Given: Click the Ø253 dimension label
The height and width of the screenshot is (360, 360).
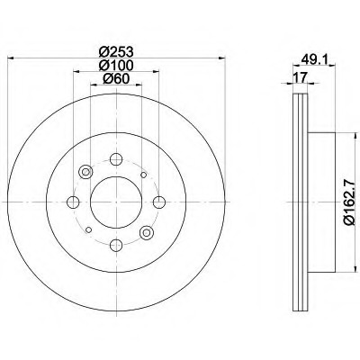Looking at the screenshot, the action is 116,52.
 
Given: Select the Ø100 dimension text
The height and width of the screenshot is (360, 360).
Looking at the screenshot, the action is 116,66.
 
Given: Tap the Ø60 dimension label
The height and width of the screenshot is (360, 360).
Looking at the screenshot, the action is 116,79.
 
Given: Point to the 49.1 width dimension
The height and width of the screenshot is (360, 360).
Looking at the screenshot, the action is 314,59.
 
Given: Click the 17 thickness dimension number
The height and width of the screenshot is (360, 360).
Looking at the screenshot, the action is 300,77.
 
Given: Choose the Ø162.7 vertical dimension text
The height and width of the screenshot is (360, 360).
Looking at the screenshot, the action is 350,202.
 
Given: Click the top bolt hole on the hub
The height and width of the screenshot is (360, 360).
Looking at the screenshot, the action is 116,159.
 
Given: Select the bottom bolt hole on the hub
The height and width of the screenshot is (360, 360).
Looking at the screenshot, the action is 116,246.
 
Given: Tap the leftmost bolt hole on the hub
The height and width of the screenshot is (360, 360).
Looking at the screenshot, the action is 73,202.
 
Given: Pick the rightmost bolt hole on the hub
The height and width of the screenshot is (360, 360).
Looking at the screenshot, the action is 159,202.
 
